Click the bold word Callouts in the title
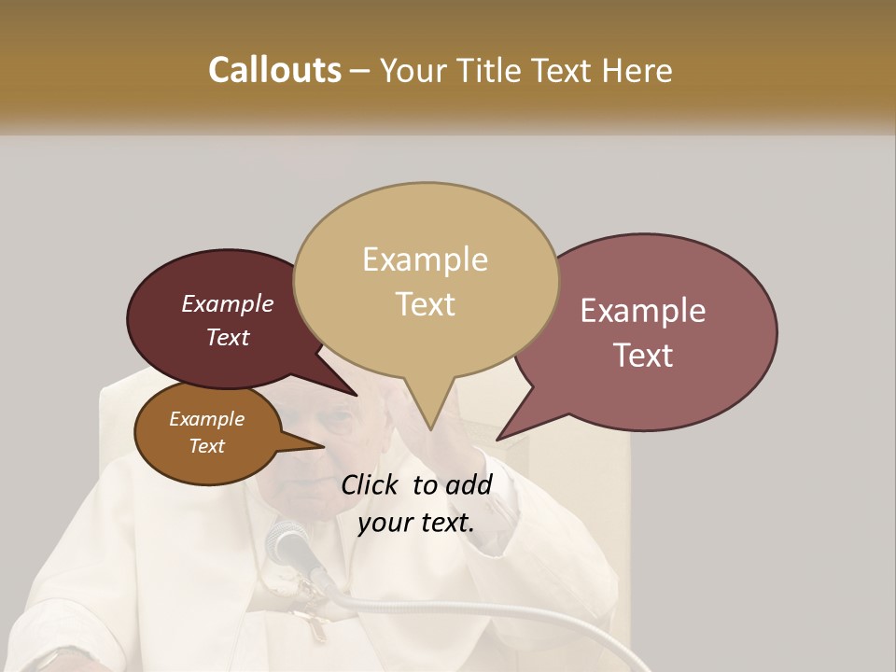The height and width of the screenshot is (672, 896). tap(274, 70)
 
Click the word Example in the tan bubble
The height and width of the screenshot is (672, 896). tap(426, 259)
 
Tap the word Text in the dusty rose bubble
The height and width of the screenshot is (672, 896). tap(644, 356)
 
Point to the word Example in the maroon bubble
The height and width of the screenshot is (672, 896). tap(228, 303)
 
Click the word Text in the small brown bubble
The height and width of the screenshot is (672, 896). tap(207, 446)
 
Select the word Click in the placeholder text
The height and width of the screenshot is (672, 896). tap(372, 484)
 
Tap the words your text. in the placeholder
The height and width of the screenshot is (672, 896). tap(416, 523)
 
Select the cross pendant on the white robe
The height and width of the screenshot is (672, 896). tap(313, 621)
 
